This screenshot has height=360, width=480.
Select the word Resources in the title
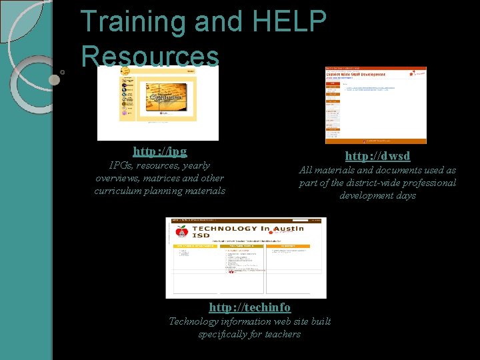point(150,56)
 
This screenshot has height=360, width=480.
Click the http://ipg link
point(160,151)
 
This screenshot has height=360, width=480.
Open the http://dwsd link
point(377,156)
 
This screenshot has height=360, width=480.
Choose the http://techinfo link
point(250,307)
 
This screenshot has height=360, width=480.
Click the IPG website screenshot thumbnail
point(157,103)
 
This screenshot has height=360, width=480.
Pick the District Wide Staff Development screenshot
point(375,105)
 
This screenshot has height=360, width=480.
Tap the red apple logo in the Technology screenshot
point(181,232)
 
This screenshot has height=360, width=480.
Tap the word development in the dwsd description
point(377,195)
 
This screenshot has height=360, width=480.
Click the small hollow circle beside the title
point(62,71)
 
